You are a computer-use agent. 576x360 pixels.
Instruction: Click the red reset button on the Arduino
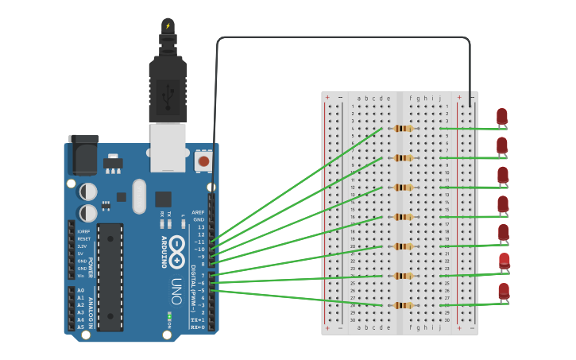point(203,161)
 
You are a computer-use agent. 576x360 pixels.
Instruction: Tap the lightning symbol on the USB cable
point(168,25)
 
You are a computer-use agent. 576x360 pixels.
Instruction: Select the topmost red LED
point(502,117)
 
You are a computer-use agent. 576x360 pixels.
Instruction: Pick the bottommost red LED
point(504,291)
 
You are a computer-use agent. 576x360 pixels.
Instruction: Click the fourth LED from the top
point(503,204)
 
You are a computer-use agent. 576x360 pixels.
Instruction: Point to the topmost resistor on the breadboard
point(404,128)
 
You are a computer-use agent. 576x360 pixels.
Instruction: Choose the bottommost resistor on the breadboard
point(404,305)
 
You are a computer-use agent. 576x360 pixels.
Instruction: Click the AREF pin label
point(198,213)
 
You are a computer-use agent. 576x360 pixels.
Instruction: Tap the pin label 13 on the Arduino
point(201,227)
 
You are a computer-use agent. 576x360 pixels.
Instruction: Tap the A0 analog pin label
point(80,291)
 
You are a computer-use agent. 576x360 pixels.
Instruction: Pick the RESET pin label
point(83,238)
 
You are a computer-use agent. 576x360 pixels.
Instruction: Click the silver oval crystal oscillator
point(140,195)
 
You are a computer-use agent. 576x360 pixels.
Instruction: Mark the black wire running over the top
point(342,37)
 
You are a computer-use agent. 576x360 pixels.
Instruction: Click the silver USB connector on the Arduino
point(168,147)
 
